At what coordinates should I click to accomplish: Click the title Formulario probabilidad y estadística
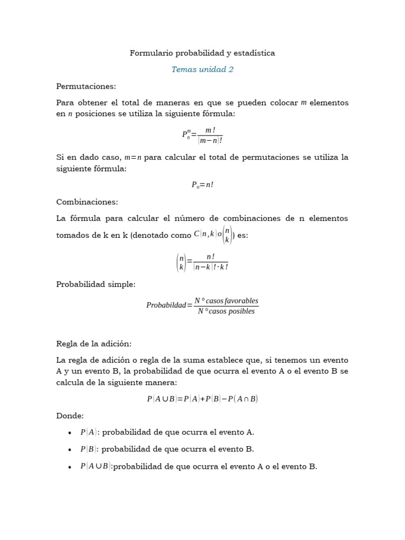click(x=202, y=53)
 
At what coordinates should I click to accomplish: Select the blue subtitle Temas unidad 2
click(x=202, y=69)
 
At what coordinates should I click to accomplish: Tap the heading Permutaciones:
click(x=86, y=86)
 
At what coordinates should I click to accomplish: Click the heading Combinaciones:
click(x=87, y=201)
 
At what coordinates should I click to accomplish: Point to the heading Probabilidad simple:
click(x=96, y=284)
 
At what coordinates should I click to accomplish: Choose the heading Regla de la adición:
click(x=94, y=343)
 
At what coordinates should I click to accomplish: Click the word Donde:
click(x=70, y=416)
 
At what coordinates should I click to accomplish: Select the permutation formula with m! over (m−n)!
click(x=202, y=135)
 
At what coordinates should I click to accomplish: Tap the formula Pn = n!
click(x=202, y=185)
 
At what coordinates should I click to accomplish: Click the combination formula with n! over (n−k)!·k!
click(x=202, y=262)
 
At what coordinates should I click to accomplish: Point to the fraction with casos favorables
click(x=226, y=306)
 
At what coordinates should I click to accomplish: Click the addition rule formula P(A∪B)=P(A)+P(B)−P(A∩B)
click(x=202, y=399)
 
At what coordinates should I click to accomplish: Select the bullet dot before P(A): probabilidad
click(x=70, y=432)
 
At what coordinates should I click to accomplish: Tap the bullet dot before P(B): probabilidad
click(x=70, y=449)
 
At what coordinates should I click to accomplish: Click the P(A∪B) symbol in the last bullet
click(x=95, y=466)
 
